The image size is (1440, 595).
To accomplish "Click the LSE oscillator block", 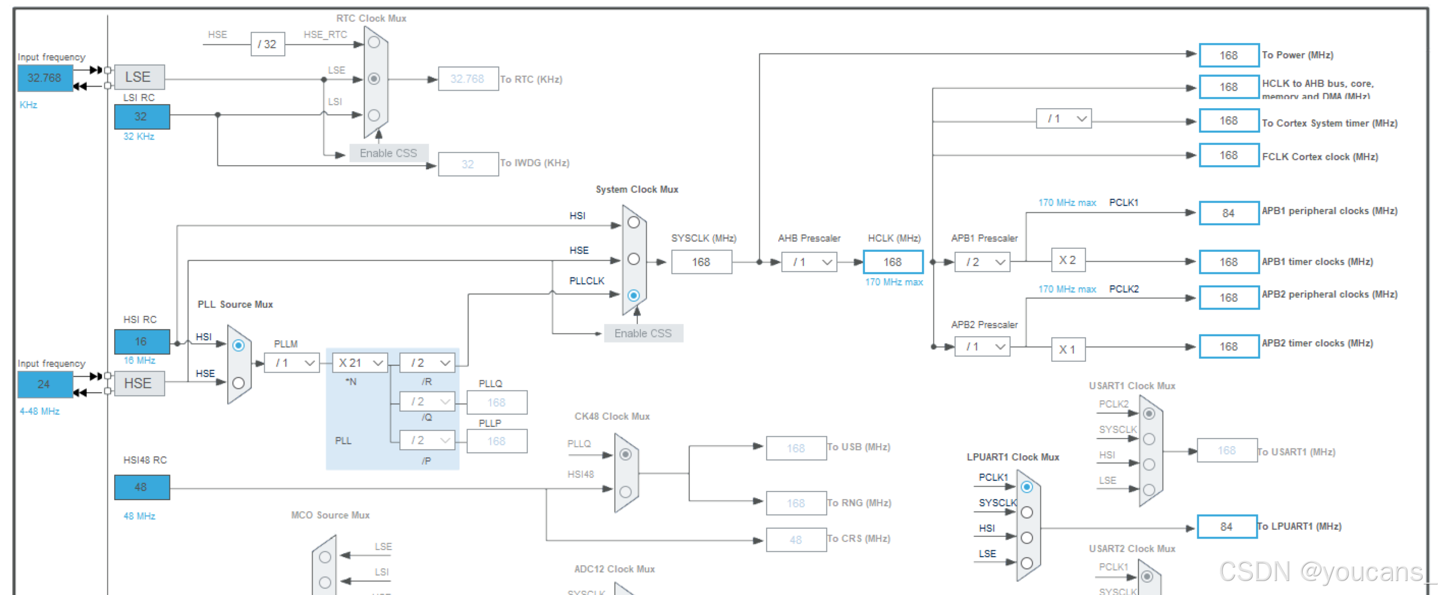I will pos(139,77).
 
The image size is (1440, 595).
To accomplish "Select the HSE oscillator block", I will pos(139,384).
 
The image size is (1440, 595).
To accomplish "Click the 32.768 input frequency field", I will pos(45,78).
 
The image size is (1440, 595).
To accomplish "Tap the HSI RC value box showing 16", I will pos(141,341).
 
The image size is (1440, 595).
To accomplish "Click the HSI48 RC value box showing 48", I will pos(141,487).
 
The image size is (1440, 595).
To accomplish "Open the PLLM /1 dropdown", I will pos(292,363).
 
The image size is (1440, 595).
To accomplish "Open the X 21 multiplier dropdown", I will pos(360,363).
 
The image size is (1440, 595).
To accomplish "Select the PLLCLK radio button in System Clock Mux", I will pos(634,295).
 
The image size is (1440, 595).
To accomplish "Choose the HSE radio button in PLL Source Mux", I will pos(239,383).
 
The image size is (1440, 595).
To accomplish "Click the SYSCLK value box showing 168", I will pos(701,262).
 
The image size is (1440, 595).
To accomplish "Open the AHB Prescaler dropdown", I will pos(809,262).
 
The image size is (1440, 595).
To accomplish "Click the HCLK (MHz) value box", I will pos(893,262).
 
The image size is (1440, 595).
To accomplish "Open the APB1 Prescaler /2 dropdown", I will pos(983,262).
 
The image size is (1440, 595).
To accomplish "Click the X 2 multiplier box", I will pos(1068,261).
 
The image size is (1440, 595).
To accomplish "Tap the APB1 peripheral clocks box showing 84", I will pos(1229,213).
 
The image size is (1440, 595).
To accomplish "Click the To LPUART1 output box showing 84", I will pos(1227,527).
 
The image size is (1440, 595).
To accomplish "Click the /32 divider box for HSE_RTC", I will pos(268,44).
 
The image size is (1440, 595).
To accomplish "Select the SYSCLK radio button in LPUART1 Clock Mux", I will pos(1027,512).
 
